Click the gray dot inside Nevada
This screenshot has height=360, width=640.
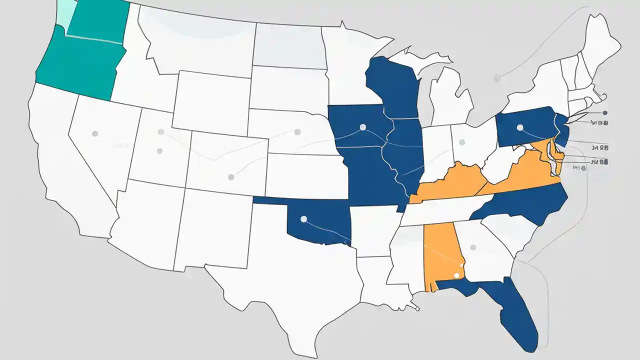[x=94, y=133]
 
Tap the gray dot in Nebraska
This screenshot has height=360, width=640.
[x=297, y=132]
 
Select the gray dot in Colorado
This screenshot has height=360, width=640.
[x=230, y=177]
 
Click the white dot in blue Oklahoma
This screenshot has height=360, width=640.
[x=303, y=218]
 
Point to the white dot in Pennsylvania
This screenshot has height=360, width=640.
[x=519, y=127]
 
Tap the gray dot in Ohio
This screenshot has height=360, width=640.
[x=462, y=142]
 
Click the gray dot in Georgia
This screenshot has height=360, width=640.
[x=473, y=247]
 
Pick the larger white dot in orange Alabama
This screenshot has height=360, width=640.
[x=455, y=275]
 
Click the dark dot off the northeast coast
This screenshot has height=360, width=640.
[x=605, y=113]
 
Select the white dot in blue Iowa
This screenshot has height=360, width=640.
[x=362, y=126]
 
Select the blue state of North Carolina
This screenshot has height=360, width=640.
[x=525, y=202]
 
